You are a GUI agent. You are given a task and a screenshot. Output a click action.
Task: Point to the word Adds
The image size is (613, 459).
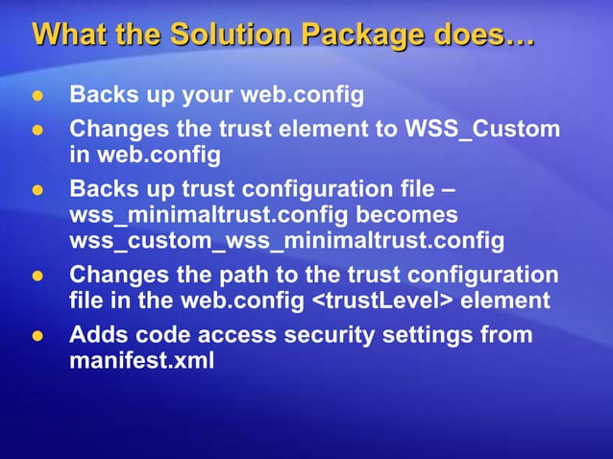[x=96, y=336]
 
